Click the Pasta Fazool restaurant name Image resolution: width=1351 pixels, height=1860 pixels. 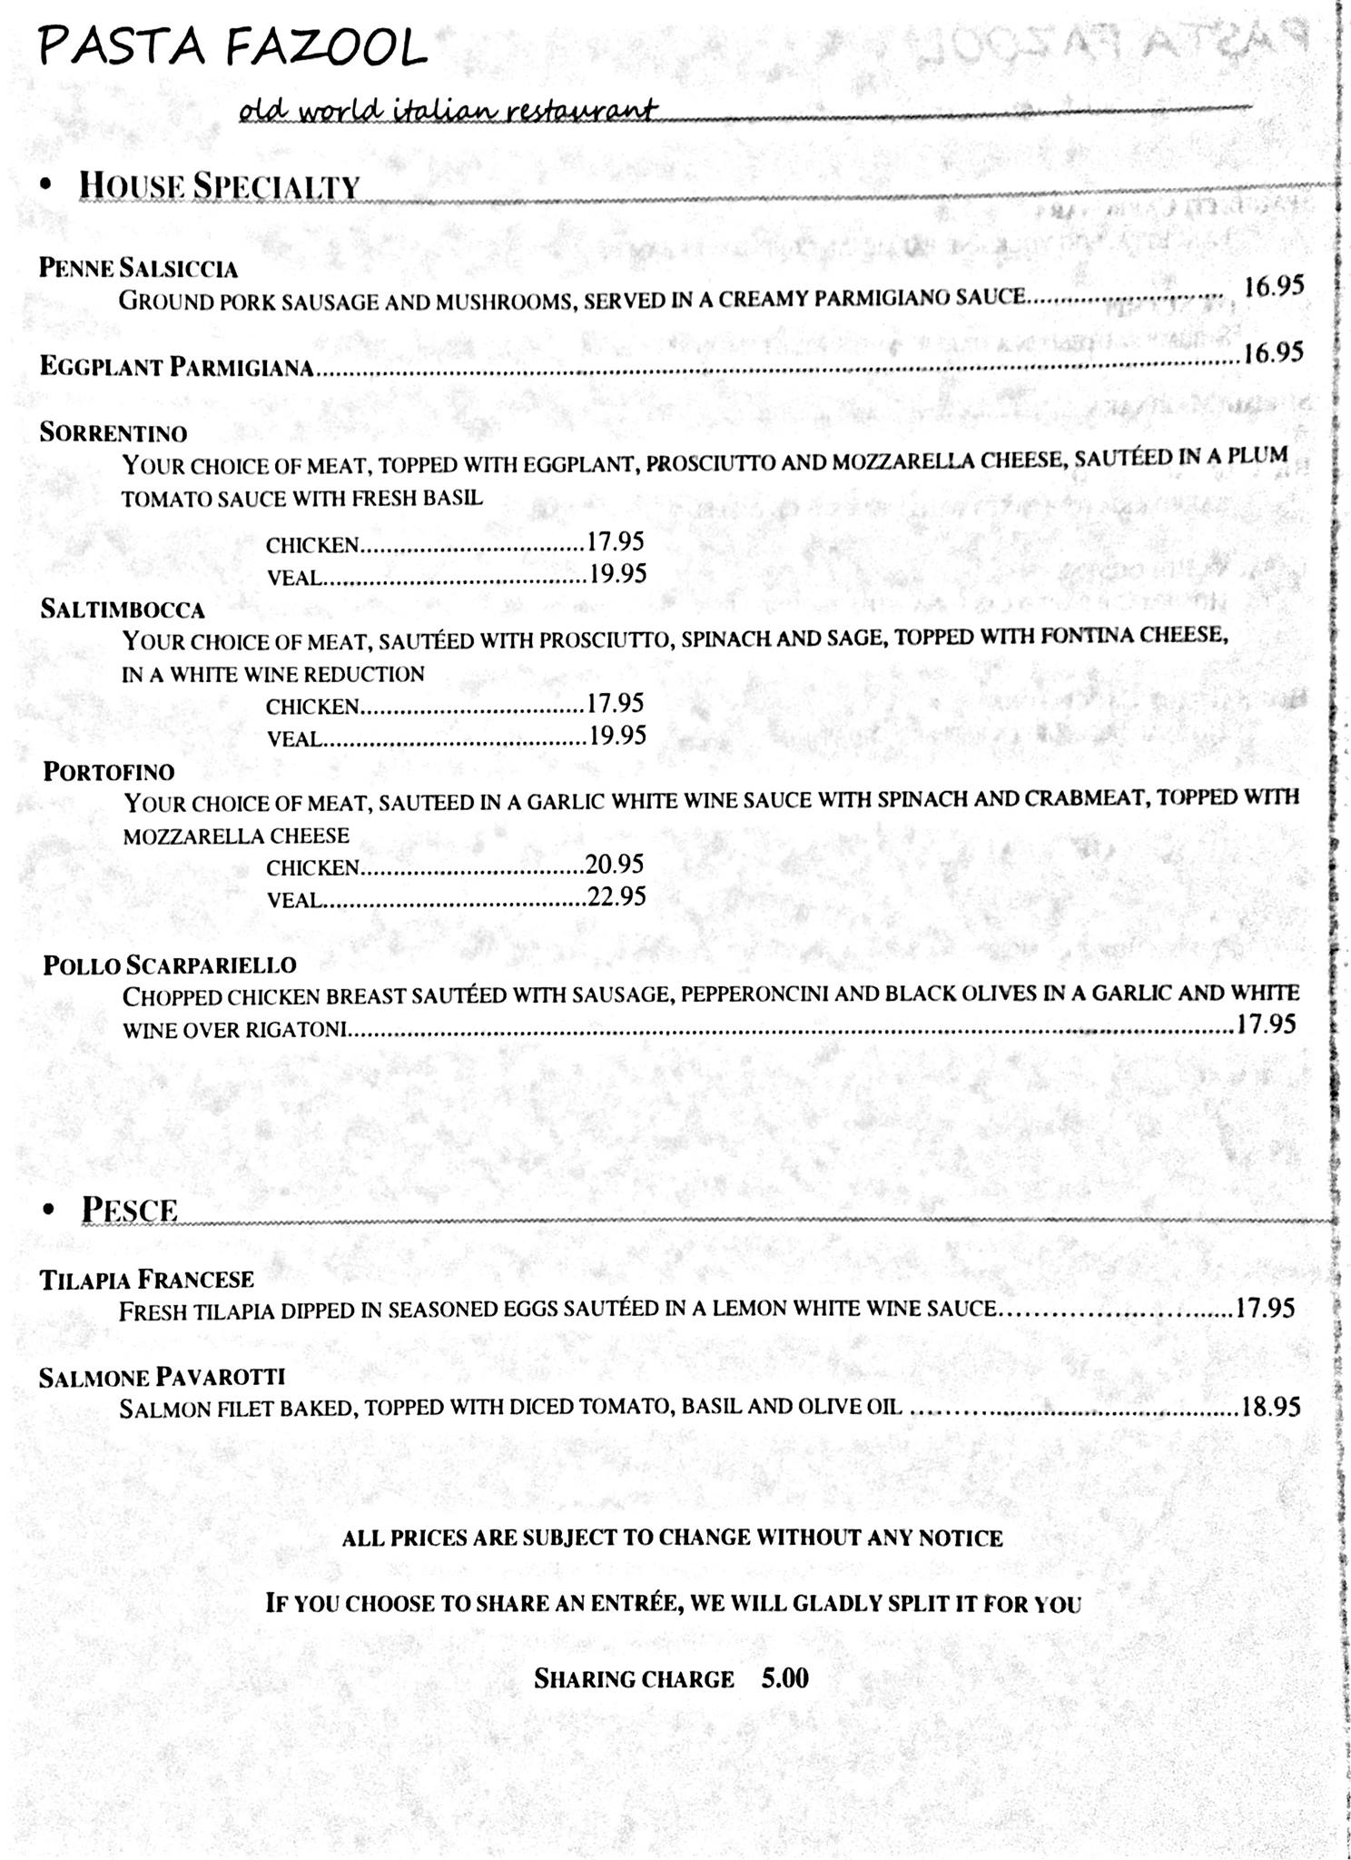(x=232, y=47)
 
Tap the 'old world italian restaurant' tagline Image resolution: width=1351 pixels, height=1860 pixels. (x=447, y=111)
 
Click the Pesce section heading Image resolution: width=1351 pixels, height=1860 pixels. (x=129, y=1210)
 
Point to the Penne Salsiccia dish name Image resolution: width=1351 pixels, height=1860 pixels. (x=138, y=268)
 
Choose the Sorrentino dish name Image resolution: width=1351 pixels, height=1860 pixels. (x=113, y=432)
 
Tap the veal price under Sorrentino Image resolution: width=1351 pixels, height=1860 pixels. (x=617, y=574)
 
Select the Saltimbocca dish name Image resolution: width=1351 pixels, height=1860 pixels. (x=123, y=608)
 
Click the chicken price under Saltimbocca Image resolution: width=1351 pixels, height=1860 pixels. (x=616, y=703)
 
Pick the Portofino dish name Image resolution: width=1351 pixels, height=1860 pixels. (x=109, y=772)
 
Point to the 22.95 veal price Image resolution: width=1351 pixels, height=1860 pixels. (x=617, y=897)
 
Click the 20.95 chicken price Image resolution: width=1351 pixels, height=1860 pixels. (x=615, y=864)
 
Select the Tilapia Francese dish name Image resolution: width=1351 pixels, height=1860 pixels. (x=146, y=1280)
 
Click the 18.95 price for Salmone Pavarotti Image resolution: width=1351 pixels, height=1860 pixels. (x=1270, y=1407)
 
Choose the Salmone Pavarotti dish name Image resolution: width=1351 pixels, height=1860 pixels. (x=162, y=1378)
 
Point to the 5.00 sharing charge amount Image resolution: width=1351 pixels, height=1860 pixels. (x=784, y=1677)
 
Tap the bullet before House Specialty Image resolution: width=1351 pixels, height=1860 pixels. (x=46, y=184)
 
